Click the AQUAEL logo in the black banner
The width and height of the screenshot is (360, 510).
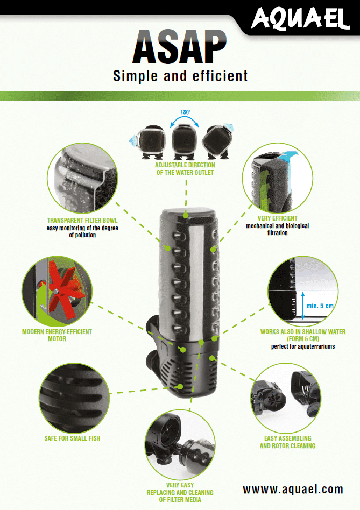300,18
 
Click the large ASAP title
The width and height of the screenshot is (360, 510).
180,47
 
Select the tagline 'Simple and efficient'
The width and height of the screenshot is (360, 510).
180,76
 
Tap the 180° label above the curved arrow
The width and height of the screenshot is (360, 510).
185,112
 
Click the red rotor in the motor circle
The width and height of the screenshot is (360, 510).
62,291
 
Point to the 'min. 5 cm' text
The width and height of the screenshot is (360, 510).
320,306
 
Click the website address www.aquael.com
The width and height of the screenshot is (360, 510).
293,489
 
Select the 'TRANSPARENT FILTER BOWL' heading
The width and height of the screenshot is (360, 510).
82,221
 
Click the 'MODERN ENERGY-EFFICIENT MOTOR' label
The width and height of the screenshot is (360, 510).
57,335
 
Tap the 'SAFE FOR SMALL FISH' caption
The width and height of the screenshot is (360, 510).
72,438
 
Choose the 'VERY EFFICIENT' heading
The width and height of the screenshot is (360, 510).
277,218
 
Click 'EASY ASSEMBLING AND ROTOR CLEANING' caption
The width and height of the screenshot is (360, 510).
287,442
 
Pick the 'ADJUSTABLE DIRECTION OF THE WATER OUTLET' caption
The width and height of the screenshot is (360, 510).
185,169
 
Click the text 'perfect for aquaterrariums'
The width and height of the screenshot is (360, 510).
303,346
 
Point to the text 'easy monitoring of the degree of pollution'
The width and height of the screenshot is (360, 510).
82,231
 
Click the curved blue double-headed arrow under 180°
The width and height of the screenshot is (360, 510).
185,121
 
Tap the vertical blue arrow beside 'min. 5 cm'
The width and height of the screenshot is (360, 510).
303,306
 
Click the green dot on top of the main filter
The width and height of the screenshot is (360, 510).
185,215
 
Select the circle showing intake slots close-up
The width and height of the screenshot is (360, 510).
74,398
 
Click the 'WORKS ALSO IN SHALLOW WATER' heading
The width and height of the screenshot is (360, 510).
303,332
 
